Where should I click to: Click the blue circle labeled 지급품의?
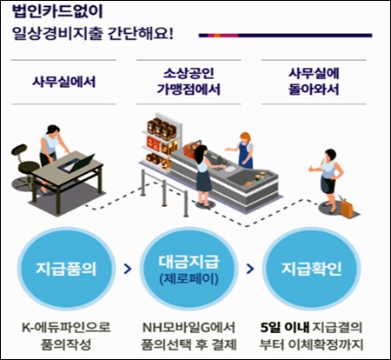point(66,269)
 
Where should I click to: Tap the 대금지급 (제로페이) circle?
point(189,269)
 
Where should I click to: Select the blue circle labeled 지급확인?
point(311,269)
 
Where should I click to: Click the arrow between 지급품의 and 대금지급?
point(128,269)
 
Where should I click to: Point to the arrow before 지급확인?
point(250,269)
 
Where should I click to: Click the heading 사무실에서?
point(63,82)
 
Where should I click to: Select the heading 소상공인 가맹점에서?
point(189,81)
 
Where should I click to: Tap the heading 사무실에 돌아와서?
point(314,81)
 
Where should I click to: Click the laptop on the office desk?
point(76,163)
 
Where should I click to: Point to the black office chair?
point(24,167)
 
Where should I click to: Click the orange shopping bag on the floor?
point(347,208)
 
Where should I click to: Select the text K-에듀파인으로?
point(66,327)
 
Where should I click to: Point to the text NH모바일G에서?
point(189,327)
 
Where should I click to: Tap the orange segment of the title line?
point(217,36)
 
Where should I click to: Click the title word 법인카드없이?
point(57,12)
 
